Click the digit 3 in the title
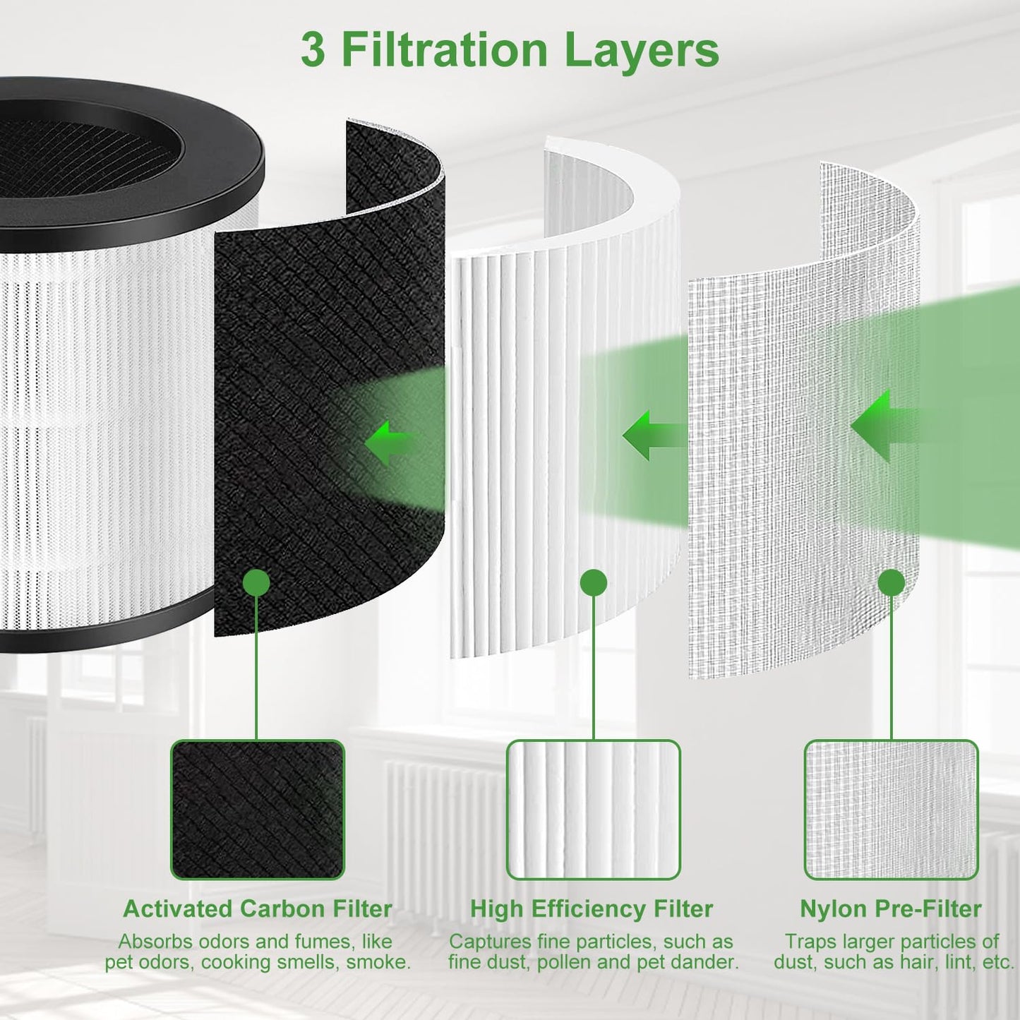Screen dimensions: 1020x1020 [313, 50]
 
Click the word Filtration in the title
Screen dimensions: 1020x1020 [445, 50]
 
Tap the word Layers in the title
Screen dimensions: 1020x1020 [642, 50]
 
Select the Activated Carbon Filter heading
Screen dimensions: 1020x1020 [257, 908]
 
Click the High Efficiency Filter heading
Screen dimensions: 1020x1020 [592, 908]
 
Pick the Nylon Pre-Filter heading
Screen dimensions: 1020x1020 [890, 908]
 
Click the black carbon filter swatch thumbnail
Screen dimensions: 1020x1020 [257, 810]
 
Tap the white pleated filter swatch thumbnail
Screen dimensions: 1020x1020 [593, 810]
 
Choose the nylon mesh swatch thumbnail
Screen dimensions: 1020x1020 [891, 810]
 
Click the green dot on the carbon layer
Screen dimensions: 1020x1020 [256, 583]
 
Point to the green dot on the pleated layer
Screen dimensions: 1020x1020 [594, 583]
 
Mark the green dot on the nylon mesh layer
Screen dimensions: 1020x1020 [892, 583]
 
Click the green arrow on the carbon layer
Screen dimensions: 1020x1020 [388, 443]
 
